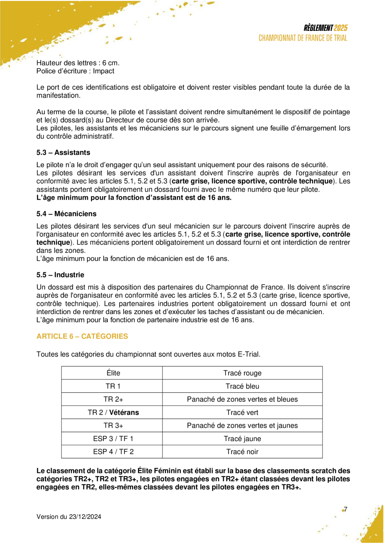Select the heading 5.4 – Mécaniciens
coord(66,214)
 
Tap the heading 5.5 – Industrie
coord(60,275)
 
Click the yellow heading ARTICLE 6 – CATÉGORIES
coord(82,336)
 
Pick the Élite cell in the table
coord(112,373)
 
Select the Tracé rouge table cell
coord(242,373)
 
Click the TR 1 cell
coord(112,386)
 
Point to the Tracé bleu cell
coord(242,386)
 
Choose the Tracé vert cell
coord(242,413)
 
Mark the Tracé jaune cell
coord(242,439)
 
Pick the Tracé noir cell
coord(242,452)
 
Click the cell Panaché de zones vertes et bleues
coord(242,399)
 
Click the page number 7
coord(346,509)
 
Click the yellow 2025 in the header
coord(341,28)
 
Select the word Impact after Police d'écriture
coord(104,71)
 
